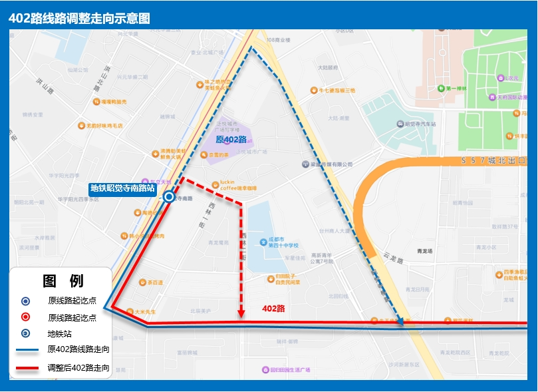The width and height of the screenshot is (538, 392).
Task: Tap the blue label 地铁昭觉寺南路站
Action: coord(122,188)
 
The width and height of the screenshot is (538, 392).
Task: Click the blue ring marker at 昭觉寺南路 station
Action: coord(169,197)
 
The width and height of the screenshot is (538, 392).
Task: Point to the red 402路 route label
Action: coord(273,309)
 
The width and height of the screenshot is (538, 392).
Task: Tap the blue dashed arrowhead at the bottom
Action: coord(400,323)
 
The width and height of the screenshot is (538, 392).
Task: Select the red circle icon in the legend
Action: coord(25,317)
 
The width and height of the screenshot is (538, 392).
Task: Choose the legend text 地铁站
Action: coord(59,333)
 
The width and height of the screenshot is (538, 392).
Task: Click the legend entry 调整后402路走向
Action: coord(78,367)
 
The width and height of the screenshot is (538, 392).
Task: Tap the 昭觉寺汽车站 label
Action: coord(420,124)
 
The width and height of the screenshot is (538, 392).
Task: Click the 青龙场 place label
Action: coord(424,251)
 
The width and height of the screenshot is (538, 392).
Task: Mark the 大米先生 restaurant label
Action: coord(144,311)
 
